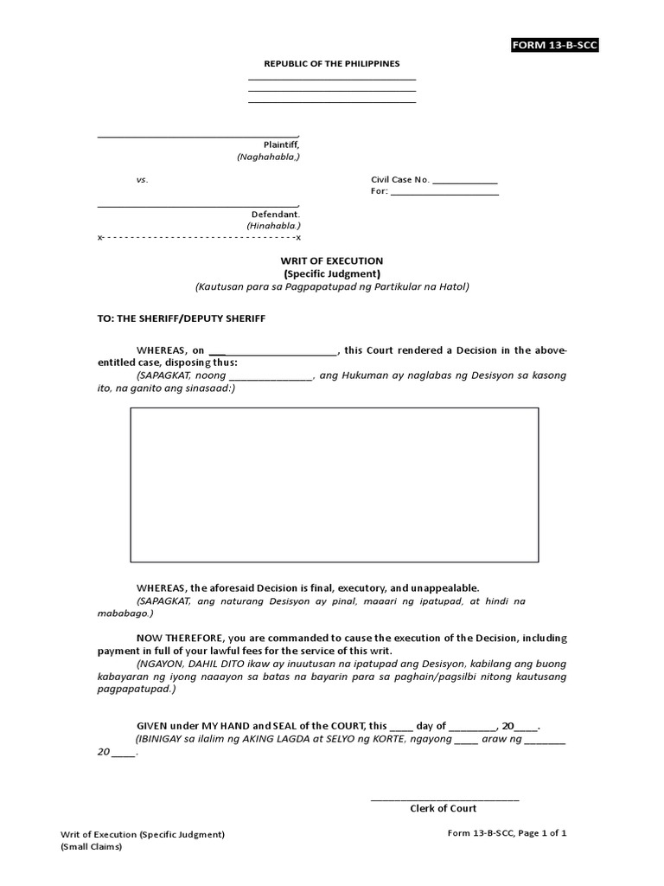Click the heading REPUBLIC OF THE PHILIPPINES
[x=332, y=64]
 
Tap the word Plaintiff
[x=281, y=144]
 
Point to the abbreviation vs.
[x=142, y=180]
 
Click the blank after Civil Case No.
[x=464, y=181]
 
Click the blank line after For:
[x=444, y=192]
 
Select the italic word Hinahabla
[x=273, y=226]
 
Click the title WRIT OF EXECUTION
[x=332, y=260]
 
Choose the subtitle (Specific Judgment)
[x=332, y=273]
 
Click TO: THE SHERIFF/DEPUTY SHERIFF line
[x=182, y=318]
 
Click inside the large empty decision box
[x=334, y=485]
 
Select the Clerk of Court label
[x=443, y=809]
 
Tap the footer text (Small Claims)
[x=92, y=847]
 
